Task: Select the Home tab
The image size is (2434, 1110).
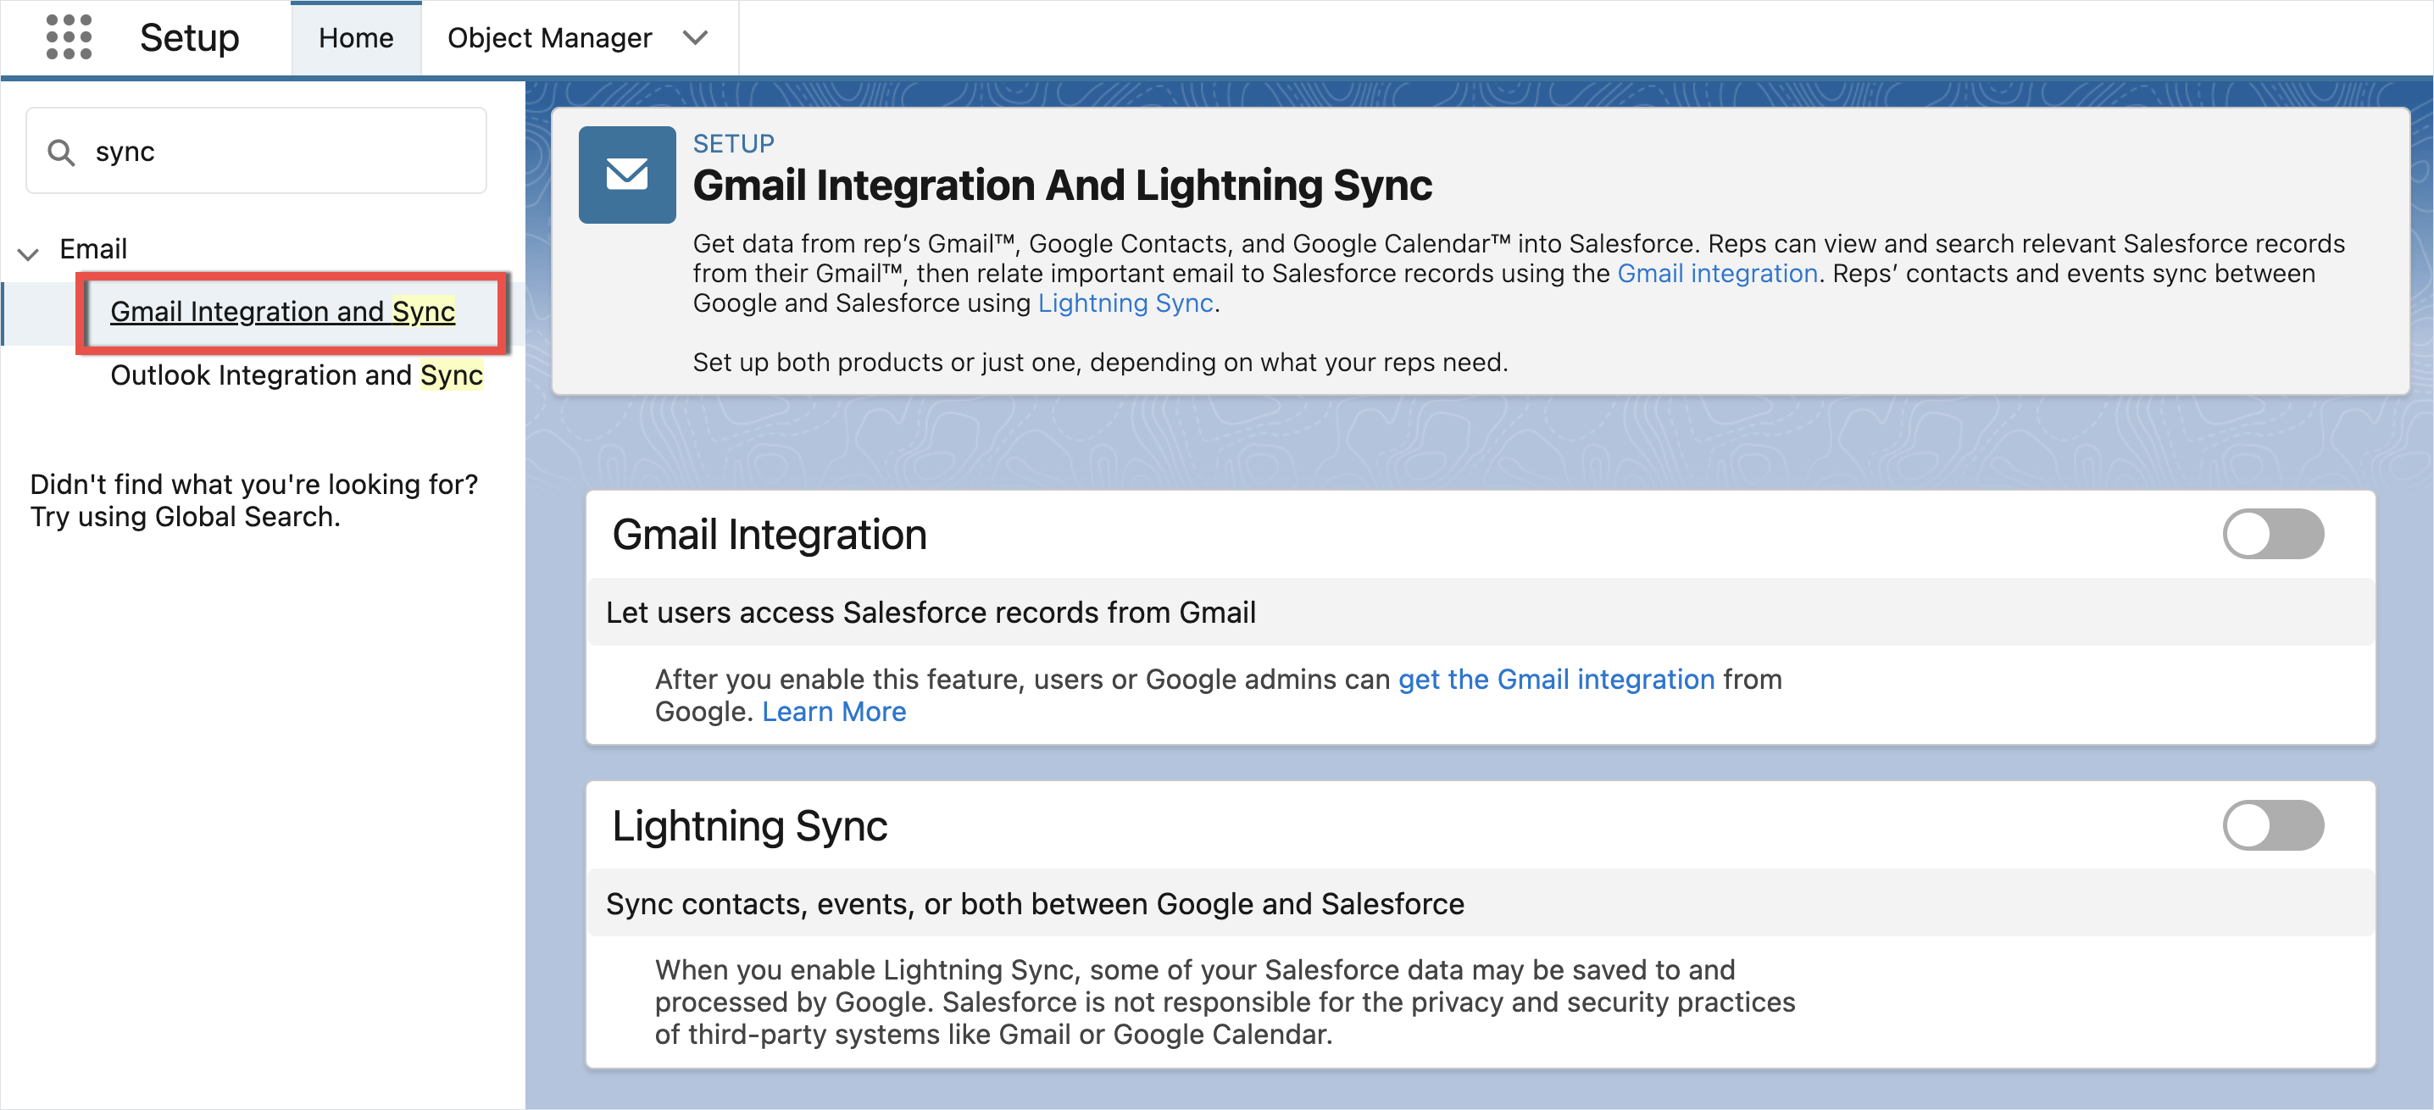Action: point(356,38)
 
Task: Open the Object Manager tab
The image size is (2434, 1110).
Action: point(549,38)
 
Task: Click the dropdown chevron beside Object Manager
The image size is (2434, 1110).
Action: point(696,38)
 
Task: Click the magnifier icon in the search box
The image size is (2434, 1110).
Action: point(61,152)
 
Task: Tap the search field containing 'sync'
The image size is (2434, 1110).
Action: point(256,151)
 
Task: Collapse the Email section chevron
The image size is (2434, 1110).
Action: point(28,253)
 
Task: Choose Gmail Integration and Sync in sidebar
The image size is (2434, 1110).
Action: point(282,312)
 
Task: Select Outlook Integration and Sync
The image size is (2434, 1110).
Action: point(297,375)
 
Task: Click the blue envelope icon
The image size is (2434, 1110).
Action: point(626,175)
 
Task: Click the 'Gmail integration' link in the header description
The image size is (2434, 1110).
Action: point(1717,274)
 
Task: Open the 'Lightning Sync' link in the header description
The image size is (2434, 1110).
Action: point(1125,303)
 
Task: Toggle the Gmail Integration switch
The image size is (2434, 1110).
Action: point(2272,534)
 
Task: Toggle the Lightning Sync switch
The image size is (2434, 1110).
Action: point(2272,824)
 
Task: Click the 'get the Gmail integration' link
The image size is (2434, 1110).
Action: point(1556,680)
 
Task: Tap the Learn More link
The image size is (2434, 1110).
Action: point(833,712)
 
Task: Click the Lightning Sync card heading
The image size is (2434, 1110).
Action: point(749,825)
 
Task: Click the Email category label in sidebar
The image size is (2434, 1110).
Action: point(92,249)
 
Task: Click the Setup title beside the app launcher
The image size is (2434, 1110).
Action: point(189,38)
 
